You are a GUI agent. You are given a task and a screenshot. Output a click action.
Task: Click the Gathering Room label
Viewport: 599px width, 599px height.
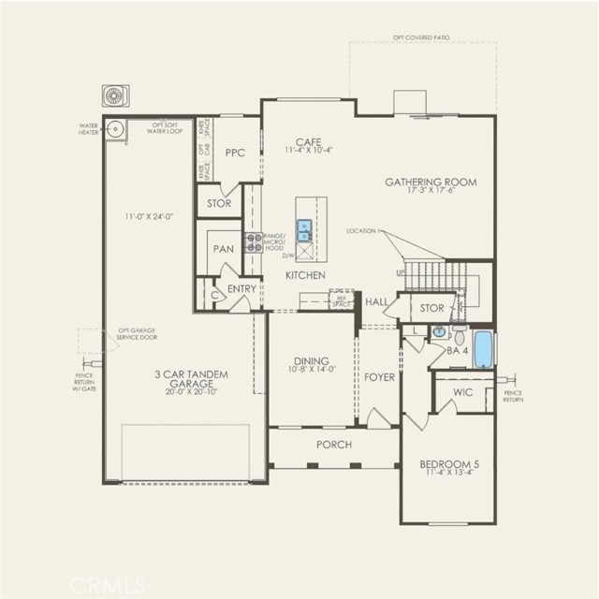(431, 182)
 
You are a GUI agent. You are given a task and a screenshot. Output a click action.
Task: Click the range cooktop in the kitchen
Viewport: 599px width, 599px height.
(253, 242)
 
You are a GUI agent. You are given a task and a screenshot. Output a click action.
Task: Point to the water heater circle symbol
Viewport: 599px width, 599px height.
(115, 131)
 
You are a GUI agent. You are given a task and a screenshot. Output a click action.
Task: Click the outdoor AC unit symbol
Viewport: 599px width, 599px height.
(115, 96)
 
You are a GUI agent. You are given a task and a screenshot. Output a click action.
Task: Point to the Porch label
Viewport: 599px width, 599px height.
(333, 444)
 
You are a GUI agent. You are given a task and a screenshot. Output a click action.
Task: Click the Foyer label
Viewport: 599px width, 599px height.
(379, 377)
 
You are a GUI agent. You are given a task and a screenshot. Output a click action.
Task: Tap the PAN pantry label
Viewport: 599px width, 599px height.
(223, 249)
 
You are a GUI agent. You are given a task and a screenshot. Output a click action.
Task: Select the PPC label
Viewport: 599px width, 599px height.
(234, 153)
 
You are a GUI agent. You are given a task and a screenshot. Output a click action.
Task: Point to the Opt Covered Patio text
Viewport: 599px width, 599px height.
(421, 37)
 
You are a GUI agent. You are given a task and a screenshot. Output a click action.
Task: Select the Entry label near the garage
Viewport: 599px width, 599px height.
(241, 288)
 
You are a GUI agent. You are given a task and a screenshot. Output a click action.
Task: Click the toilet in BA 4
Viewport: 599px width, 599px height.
(460, 334)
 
